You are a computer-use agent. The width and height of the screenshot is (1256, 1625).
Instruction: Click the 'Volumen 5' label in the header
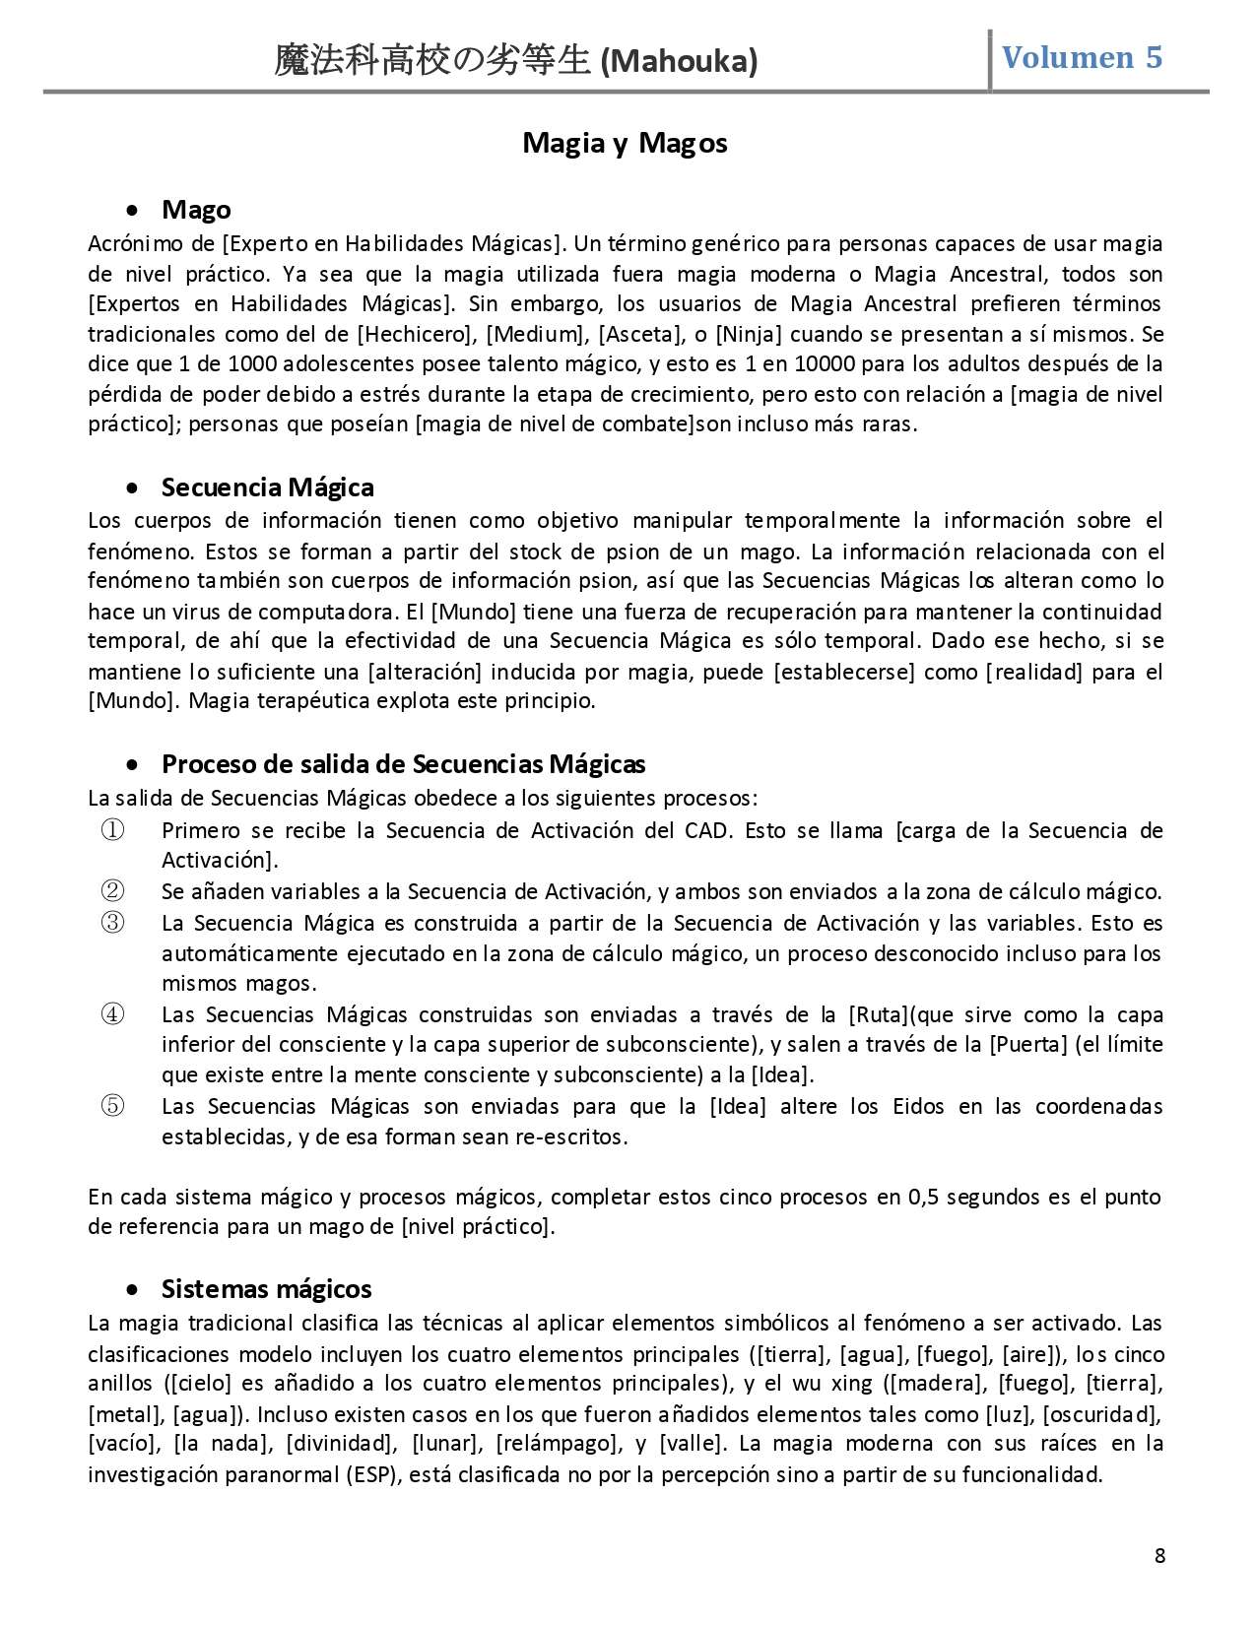tap(1082, 57)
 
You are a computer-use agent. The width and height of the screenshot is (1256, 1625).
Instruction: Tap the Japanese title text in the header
tap(434, 62)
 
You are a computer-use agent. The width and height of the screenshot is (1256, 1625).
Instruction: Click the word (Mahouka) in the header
tap(679, 62)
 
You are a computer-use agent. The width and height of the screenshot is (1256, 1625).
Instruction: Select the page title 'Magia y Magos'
tap(625, 143)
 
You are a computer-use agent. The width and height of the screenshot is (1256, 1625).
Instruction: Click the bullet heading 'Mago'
tap(196, 209)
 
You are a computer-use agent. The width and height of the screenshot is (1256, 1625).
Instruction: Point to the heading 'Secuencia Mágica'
tap(267, 487)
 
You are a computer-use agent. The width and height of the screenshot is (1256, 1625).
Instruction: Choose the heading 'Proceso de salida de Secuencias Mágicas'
tap(403, 763)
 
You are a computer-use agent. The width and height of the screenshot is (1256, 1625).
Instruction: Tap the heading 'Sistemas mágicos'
tap(266, 1288)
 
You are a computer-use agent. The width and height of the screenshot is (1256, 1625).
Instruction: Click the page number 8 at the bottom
tap(1159, 1556)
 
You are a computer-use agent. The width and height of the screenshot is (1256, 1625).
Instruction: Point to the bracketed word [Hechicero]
tap(417, 334)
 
